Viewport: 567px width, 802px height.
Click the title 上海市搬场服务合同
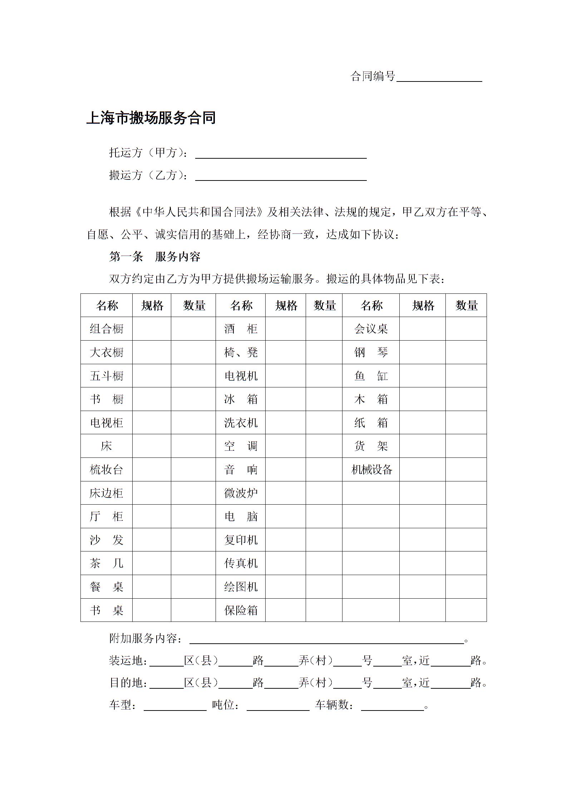151,118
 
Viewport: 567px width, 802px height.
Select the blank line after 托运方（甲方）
281,154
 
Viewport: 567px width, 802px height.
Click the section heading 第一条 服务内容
154,257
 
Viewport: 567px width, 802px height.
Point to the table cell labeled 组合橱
107,329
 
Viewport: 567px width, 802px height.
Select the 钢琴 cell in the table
371,352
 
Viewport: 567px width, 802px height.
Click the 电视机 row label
241,376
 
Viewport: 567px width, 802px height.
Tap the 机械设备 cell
371,470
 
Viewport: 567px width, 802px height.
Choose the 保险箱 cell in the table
241,610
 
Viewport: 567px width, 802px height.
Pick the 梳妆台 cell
107,470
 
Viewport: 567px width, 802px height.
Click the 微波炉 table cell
241,493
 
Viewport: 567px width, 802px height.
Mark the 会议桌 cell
371,329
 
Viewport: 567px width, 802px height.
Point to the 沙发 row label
107,540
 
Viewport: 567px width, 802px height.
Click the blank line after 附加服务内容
326,640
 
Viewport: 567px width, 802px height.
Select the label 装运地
127,661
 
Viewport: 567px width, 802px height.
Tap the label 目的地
127,683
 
